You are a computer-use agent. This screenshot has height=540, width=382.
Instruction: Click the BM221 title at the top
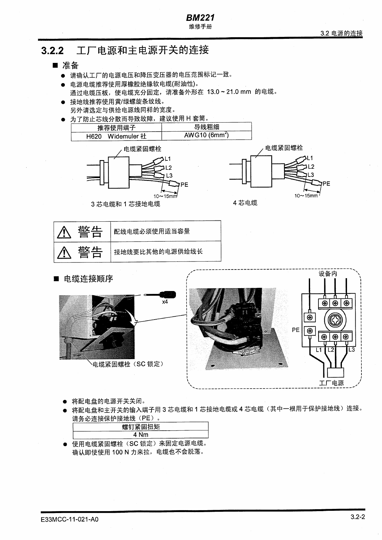[x=200, y=18]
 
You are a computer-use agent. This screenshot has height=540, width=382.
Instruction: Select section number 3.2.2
[x=52, y=51]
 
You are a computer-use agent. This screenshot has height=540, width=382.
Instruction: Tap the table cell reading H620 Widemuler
[x=116, y=136]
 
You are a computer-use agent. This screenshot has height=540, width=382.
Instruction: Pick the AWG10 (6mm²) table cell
[x=206, y=135]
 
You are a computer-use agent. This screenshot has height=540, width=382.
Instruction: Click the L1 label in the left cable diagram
[x=168, y=159]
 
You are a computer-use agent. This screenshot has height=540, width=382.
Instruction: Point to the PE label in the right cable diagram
[x=326, y=184]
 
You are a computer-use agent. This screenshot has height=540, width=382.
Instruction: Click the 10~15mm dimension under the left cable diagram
[x=165, y=196]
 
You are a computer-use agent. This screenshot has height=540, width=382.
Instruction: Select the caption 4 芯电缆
[x=245, y=203]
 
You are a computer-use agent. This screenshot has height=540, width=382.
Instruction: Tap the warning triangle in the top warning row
[x=64, y=232]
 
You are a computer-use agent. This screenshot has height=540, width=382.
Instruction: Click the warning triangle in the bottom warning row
[x=64, y=252]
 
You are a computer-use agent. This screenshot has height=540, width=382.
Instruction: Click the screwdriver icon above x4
[x=160, y=295]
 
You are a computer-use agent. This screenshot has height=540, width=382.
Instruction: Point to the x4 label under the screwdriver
[x=165, y=302]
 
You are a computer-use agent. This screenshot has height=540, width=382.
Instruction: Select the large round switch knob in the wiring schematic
[x=335, y=319]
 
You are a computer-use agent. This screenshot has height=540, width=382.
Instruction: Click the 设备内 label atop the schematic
[x=328, y=274]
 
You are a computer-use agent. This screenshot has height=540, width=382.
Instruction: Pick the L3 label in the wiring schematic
[x=352, y=350]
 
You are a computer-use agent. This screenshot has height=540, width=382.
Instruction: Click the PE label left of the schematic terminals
[x=296, y=330]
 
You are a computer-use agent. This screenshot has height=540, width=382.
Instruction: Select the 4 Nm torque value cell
[x=141, y=435]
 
